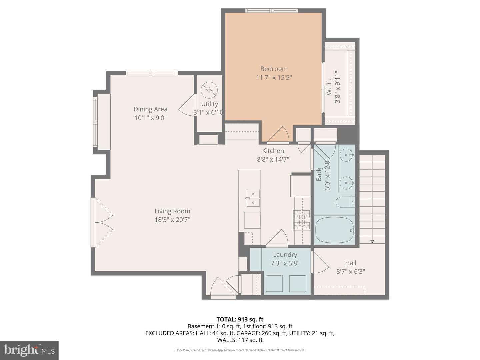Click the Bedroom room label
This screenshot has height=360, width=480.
point(274,69)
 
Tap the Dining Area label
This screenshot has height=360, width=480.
point(150,109)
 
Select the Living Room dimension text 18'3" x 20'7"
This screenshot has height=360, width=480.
point(172,219)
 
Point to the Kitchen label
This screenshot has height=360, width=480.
point(273,151)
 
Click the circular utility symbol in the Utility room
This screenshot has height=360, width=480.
point(209,90)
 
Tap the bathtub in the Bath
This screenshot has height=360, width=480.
point(334,230)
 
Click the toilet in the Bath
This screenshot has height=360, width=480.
point(345,202)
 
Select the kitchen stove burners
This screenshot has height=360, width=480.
point(302,219)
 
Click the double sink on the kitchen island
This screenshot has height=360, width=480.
point(253,198)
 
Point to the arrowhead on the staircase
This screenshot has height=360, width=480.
point(372,242)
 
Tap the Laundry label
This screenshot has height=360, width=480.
point(285,255)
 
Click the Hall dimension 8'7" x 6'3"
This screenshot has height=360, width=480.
point(351,271)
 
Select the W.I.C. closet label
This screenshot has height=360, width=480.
point(329,87)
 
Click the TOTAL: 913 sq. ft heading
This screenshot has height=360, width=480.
point(240,319)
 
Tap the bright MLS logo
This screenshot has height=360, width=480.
point(29,350)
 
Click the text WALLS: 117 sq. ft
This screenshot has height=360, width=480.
point(240,340)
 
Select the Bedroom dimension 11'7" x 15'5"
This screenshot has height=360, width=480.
point(274,77)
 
